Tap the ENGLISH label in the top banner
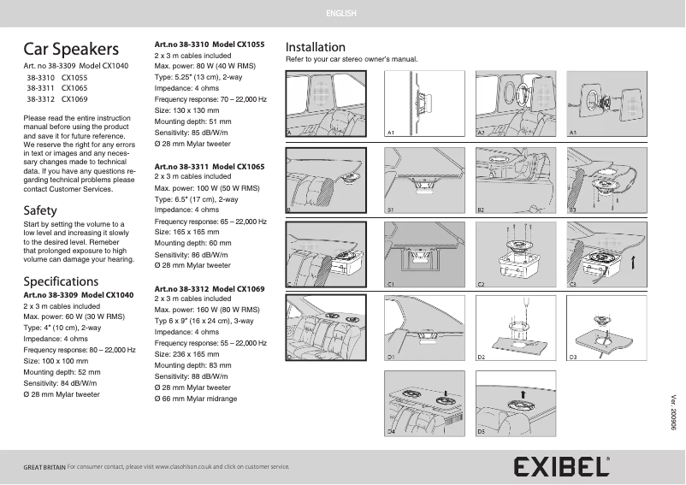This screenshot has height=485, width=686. point(342,14)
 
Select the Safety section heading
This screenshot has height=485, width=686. point(40,210)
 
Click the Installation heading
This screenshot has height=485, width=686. point(315,47)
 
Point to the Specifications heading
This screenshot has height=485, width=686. point(61,281)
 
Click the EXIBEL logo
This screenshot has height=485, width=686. point(562,466)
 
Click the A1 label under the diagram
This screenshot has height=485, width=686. point(391,133)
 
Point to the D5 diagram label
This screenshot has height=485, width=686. point(481,432)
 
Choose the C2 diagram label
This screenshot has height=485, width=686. point(481,282)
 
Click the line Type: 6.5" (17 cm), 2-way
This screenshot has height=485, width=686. point(196,198)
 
